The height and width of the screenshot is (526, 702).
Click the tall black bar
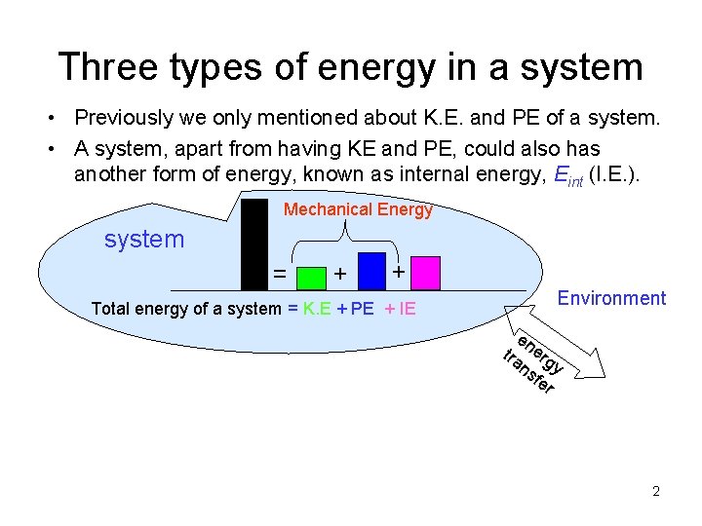click(254, 244)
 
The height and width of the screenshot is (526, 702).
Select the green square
click(310, 279)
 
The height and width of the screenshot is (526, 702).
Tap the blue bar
click(371, 271)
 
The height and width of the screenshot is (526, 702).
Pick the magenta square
click(426, 274)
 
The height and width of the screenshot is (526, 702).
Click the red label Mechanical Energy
click(357, 209)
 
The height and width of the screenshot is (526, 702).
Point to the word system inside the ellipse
click(144, 239)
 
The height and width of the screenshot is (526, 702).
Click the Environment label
click(611, 298)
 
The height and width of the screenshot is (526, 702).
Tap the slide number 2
click(656, 491)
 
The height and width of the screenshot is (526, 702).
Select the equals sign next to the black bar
click(280, 276)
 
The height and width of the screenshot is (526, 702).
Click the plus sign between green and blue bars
click(339, 275)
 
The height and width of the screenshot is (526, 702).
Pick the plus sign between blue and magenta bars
click(399, 270)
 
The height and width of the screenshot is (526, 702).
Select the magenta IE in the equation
click(407, 310)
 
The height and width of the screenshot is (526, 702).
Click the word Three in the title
click(106, 66)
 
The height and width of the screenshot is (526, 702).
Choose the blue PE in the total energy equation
click(362, 310)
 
